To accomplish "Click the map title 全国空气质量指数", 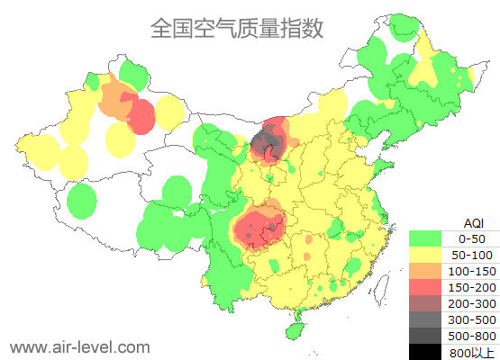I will tap(236, 28).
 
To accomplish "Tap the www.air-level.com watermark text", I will tap(79, 346).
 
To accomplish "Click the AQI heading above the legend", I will tap(473, 222).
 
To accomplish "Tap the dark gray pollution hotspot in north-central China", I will tap(266, 143).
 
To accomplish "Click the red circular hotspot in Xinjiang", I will tap(141, 115).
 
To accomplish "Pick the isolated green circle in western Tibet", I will tap(82, 200).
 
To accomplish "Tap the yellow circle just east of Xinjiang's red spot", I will tap(168, 113).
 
